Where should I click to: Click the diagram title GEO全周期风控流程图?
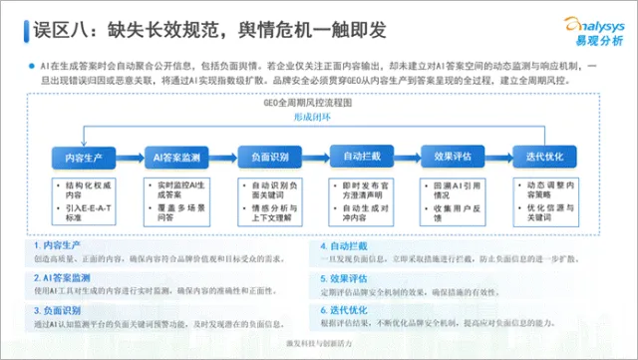[x=317, y=102]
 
